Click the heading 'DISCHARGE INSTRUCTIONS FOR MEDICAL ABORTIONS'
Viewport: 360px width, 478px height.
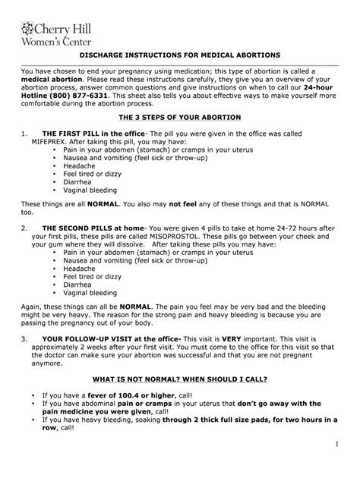[x=179, y=55]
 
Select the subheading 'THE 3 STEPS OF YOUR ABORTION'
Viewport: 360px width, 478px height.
[x=179, y=119]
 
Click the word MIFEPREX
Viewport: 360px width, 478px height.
[x=52, y=140]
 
